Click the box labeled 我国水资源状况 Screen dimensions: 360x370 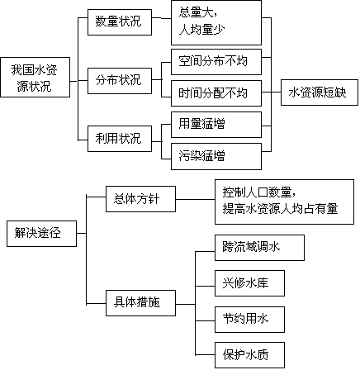(x=35, y=77)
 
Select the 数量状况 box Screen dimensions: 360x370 (x=120, y=22)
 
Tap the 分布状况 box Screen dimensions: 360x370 (x=120, y=81)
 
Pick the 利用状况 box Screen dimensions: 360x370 (x=120, y=139)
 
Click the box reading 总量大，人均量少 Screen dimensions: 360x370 (x=216, y=22)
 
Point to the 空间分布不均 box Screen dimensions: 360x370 (x=216, y=62)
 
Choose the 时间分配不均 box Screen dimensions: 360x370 (x=216, y=93)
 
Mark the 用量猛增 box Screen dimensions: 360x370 (x=216, y=125)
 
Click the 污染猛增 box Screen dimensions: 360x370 (x=216, y=156)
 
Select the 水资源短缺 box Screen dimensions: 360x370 (x=320, y=92)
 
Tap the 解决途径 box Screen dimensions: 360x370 (x=41, y=234)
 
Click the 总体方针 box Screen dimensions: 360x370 (x=140, y=199)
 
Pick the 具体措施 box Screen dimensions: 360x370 (x=140, y=303)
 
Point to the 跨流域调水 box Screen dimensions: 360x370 (x=259, y=248)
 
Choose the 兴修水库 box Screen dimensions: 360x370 (x=249, y=283)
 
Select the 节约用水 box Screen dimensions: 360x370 (x=249, y=320)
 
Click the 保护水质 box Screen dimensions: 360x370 (x=249, y=355)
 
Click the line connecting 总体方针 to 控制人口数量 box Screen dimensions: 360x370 (x=195, y=199)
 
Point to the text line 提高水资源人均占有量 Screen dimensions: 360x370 (x=280, y=209)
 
